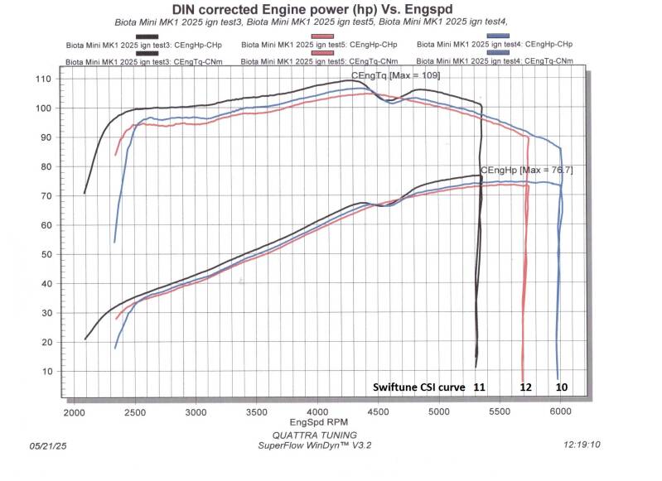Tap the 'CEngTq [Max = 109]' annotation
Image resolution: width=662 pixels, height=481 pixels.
pos(396,75)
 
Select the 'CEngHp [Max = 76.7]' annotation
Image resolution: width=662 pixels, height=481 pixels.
pos(525,170)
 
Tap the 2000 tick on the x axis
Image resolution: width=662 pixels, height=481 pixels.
pos(74,411)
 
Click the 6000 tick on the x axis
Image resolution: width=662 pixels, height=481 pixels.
pos(561,411)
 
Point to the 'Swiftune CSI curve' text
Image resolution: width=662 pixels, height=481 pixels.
pos(418,387)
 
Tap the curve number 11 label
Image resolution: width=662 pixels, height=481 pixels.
pos(479,387)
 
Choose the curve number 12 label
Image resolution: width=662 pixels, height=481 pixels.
pos(525,387)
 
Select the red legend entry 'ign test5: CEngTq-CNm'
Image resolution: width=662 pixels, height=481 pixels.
pos(318,61)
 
